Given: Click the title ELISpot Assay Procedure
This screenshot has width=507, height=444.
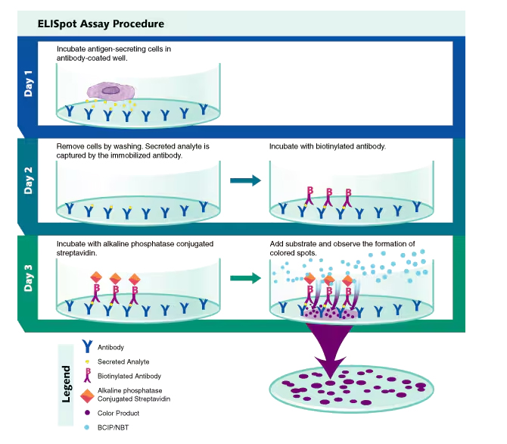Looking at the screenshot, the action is click(x=101, y=23).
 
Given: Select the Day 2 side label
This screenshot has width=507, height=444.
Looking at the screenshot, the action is click(x=29, y=180).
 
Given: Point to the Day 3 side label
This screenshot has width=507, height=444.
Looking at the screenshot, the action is click(x=29, y=278).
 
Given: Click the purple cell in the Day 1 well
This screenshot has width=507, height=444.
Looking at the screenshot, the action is click(x=111, y=91).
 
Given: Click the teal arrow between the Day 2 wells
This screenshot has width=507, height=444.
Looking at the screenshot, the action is click(x=245, y=180).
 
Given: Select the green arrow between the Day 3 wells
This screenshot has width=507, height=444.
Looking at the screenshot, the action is click(x=245, y=278).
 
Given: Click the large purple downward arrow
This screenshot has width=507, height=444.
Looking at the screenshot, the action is click(x=329, y=350).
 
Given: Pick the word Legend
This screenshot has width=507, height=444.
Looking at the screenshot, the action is click(x=66, y=384).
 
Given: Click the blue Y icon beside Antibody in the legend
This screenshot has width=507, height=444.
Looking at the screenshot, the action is click(x=87, y=346).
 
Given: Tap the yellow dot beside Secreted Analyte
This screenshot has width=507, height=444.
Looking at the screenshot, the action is click(x=87, y=361).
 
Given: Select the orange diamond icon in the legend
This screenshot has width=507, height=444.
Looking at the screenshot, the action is click(x=87, y=396).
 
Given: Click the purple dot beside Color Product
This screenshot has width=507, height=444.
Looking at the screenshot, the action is click(x=87, y=413).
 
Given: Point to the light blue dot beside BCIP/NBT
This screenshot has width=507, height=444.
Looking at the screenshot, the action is click(x=87, y=427).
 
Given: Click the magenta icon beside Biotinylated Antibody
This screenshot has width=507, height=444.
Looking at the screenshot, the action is click(x=87, y=376).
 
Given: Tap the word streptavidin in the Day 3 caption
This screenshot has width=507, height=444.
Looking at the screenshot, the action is click(x=76, y=253).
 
